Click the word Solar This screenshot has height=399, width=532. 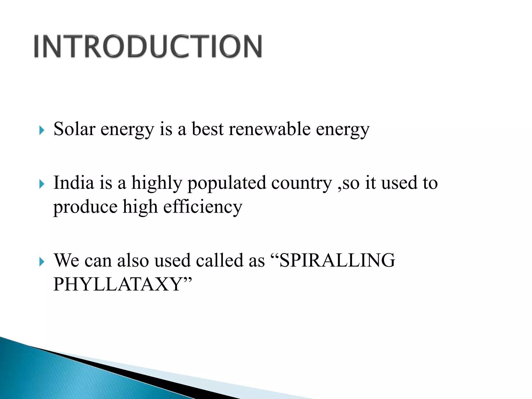74,129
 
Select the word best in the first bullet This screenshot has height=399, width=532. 207,129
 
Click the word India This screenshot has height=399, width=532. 74,183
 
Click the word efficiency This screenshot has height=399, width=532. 203,207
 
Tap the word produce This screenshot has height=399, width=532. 85,207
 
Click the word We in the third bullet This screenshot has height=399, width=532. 66,260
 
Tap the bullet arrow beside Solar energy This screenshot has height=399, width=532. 42,130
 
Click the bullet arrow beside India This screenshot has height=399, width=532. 42,184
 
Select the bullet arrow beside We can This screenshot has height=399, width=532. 42,262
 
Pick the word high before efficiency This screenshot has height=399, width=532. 140,207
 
